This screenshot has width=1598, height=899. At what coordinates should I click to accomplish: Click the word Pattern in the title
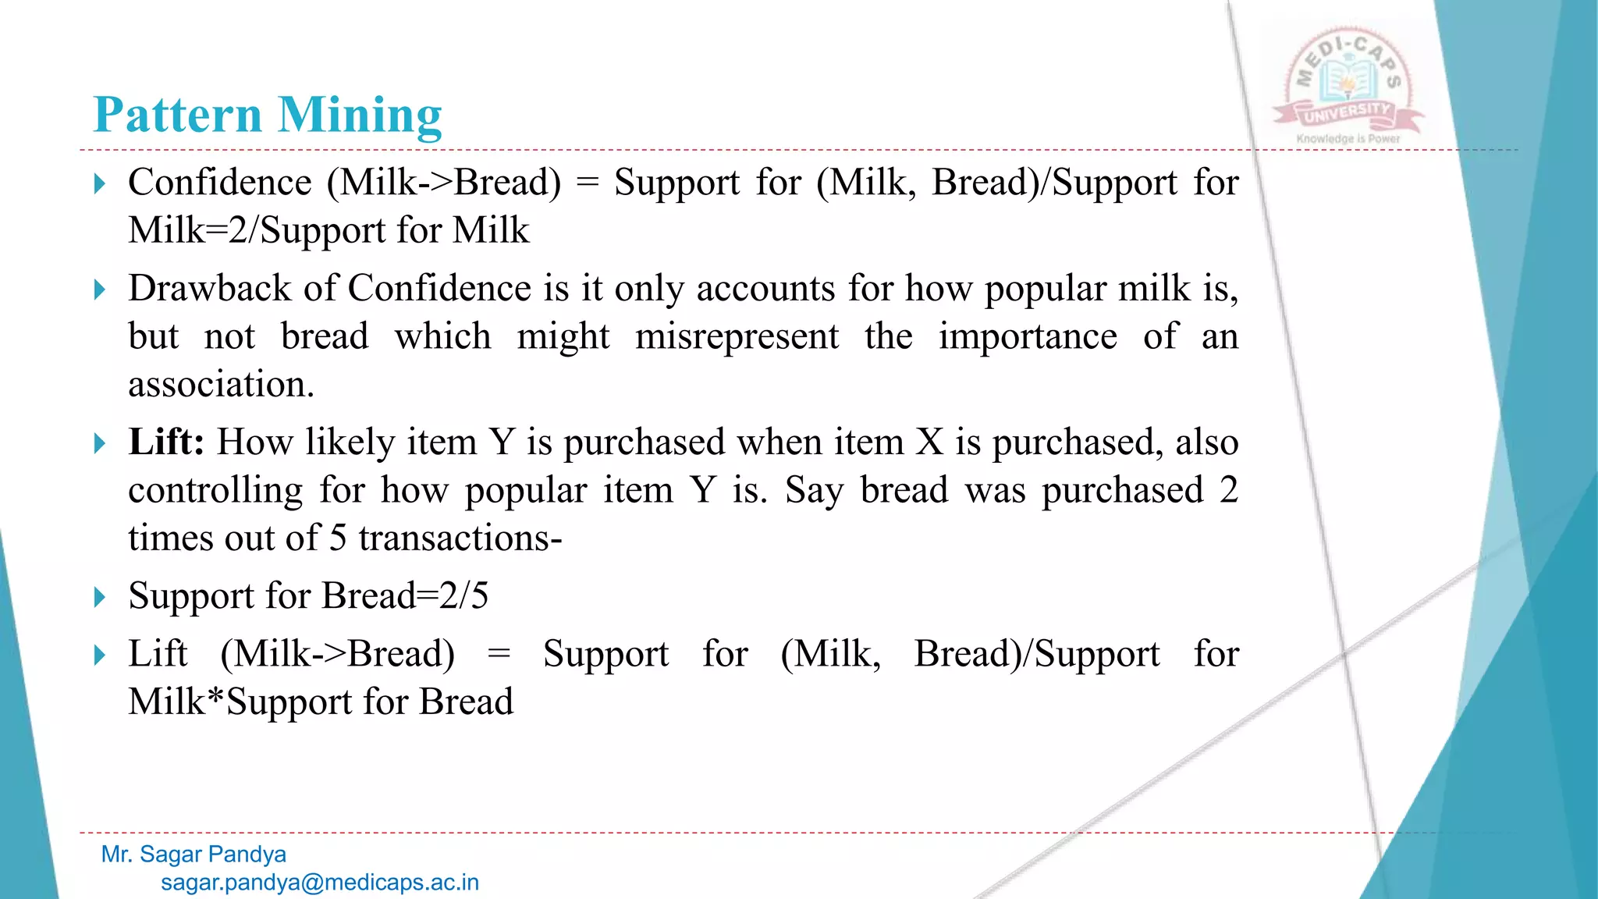[x=177, y=115]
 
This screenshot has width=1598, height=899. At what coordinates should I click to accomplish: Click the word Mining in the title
[x=360, y=115]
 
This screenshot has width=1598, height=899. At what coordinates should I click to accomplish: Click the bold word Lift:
[x=166, y=442]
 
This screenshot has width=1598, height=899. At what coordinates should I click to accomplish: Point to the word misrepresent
[x=737, y=337]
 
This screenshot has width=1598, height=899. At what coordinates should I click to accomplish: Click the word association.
[x=221, y=385]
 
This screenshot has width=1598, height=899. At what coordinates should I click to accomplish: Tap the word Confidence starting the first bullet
[x=220, y=183]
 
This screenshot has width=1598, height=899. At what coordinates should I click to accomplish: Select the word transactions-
[x=460, y=538]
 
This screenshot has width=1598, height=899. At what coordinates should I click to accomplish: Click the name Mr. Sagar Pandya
[x=194, y=855]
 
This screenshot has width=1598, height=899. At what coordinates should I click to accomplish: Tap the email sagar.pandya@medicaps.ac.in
[x=320, y=883]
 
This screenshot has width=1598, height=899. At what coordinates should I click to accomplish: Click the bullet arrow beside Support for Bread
[x=99, y=598]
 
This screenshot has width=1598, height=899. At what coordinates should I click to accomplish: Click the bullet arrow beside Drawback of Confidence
[x=99, y=290]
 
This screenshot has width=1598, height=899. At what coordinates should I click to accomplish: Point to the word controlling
[x=215, y=491]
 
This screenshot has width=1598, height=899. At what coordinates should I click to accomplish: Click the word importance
[x=1027, y=337]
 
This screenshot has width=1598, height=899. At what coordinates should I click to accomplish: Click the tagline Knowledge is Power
[x=1348, y=139]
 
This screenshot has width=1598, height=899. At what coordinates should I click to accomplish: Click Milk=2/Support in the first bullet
[x=258, y=231]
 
